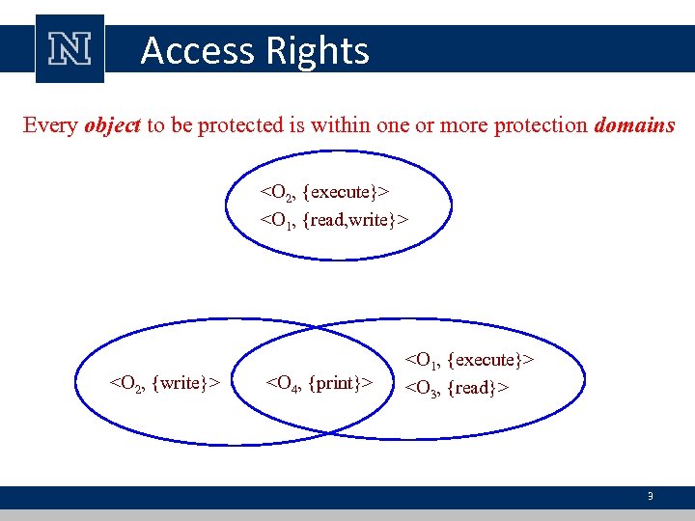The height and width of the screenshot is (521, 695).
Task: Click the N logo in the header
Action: click(69, 48)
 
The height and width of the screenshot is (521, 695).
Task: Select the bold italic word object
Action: click(113, 125)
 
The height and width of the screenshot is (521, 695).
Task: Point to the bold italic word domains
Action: click(634, 125)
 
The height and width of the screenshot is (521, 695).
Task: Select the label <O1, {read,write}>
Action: click(334, 220)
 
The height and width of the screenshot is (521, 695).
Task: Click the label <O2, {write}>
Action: click(166, 383)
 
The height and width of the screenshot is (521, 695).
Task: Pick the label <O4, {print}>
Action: click(319, 383)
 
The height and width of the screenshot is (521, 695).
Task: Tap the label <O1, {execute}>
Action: click(470, 360)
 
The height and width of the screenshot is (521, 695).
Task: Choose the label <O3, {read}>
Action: click(457, 388)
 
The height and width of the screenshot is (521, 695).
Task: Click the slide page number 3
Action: click(651, 497)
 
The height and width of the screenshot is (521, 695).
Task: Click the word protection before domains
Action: click(541, 125)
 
